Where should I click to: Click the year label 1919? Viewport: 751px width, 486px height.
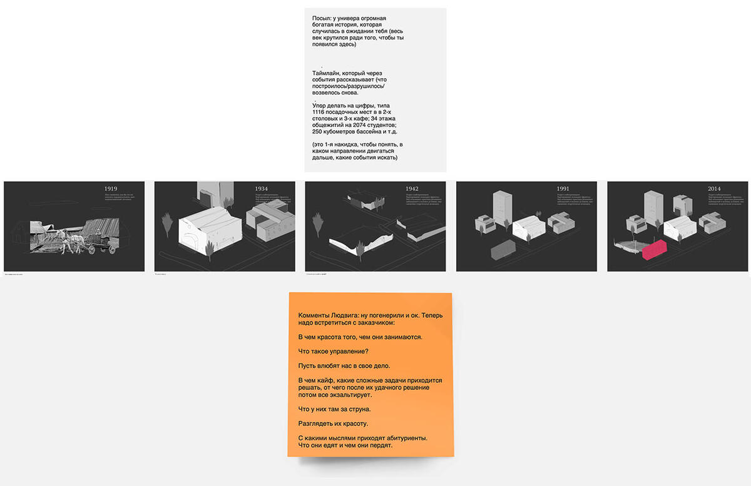111,188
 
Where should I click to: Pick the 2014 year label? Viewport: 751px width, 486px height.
714,188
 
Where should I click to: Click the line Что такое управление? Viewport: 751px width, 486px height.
333,351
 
